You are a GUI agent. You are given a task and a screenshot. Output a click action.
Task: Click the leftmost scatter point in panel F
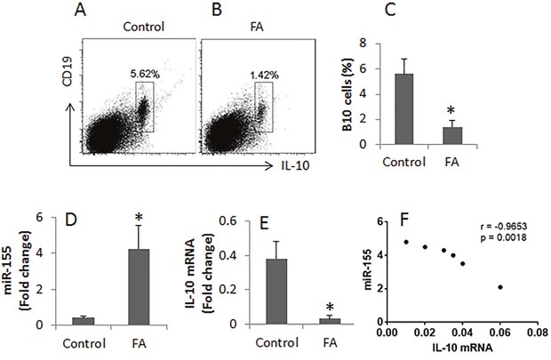[406, 242]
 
